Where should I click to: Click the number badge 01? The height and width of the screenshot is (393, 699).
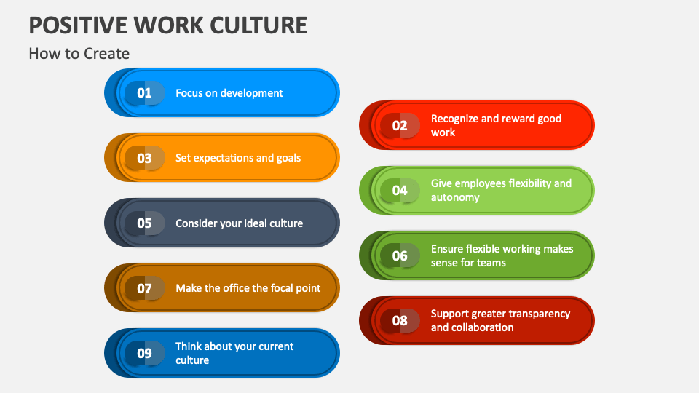tap(144, 93)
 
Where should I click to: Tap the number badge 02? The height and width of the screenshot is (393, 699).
tap(400, 125)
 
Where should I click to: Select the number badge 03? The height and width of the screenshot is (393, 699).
tap(144, 158)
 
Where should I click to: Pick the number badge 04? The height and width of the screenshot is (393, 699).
tap(400, 191)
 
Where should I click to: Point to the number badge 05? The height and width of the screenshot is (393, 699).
tap(144, 223)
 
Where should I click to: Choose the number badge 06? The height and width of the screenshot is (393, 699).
tap(400, 255)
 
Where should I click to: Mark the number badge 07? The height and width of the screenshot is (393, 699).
tap(144, 288)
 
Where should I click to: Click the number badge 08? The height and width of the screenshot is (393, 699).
tap(400, 320)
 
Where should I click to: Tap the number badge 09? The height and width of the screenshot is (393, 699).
tap(144, 354)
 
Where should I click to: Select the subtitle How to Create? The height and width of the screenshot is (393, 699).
tap(79, 54)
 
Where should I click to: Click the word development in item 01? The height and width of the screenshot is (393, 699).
tap(251, 93)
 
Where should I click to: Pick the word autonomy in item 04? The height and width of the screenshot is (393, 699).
tap(455, 197)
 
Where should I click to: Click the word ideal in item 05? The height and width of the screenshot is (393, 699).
tap(247, 223)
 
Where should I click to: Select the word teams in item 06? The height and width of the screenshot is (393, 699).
tap(491, 263)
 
